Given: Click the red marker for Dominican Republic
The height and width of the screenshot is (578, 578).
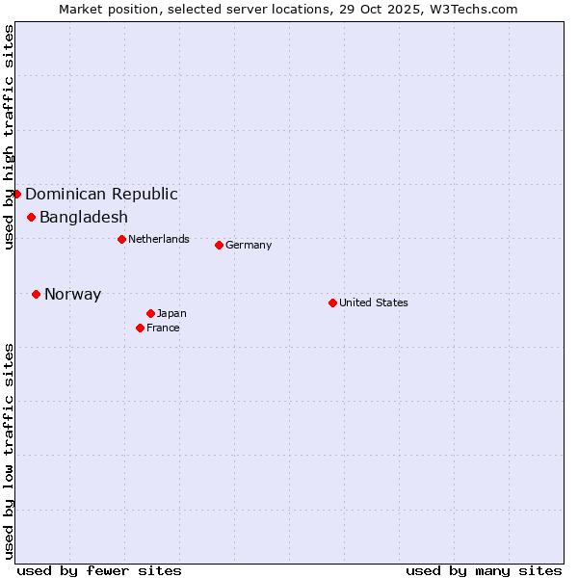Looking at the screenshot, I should (16, 194).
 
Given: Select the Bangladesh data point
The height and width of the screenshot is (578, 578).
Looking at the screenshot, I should (31, 217).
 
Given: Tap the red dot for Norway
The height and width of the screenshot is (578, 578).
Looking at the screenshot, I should (36, 294).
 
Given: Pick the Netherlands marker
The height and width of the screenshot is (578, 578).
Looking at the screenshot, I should (121, 239).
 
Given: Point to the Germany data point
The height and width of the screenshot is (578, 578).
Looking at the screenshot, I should (219, 245).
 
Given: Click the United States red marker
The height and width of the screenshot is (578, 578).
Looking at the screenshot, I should (332, 302).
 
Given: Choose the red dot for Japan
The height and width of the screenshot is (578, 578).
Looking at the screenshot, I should (150, 313).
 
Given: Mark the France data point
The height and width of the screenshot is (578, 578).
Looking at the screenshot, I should (140, 328).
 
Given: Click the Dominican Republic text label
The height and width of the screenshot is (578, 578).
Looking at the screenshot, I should (101, 194).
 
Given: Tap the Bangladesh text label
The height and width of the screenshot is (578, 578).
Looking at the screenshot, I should (84, 217).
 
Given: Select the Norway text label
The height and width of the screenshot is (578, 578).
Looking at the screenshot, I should (72, 294).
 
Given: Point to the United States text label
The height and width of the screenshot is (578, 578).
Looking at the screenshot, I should (374, 302).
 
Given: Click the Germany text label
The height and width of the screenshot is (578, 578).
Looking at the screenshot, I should (249, 245).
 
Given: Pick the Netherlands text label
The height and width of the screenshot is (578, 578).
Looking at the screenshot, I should (159, 239).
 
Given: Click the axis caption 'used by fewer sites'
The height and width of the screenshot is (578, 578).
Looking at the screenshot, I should (99, 570).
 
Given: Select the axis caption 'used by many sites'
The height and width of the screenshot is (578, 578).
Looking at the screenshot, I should (484, 570).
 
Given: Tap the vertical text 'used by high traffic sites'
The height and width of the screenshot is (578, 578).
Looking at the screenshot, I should (9, 137).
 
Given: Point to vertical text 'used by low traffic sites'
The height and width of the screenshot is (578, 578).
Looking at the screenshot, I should (9, 450).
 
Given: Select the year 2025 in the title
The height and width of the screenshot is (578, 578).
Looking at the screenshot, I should (401, 9).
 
